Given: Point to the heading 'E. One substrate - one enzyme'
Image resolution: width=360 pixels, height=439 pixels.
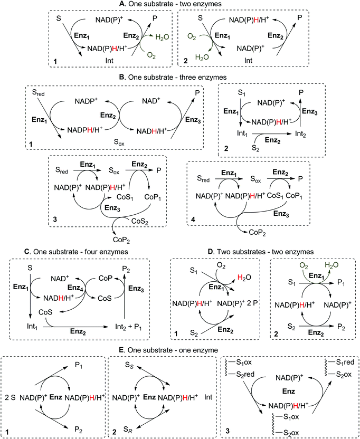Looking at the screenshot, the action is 179,350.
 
